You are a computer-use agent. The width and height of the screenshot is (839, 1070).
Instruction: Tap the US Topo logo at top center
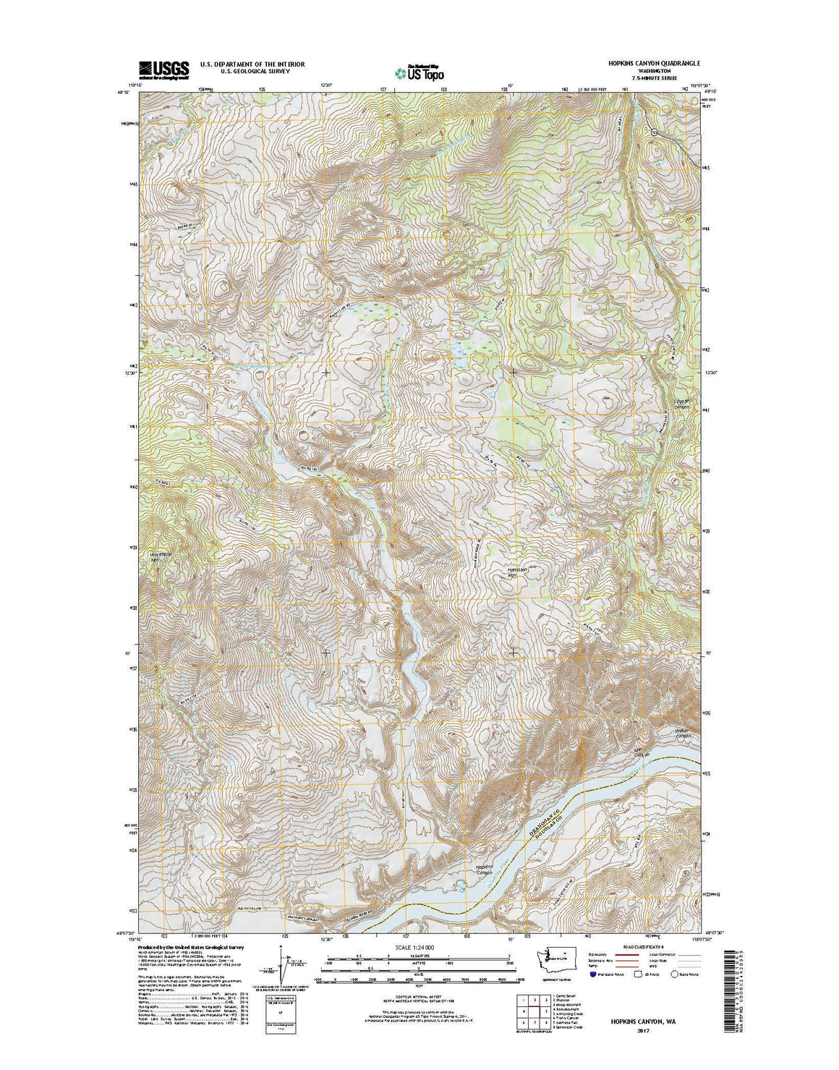(x=420, y=71)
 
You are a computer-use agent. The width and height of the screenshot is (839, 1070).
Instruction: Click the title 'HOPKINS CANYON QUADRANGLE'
(x=654, y=64)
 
